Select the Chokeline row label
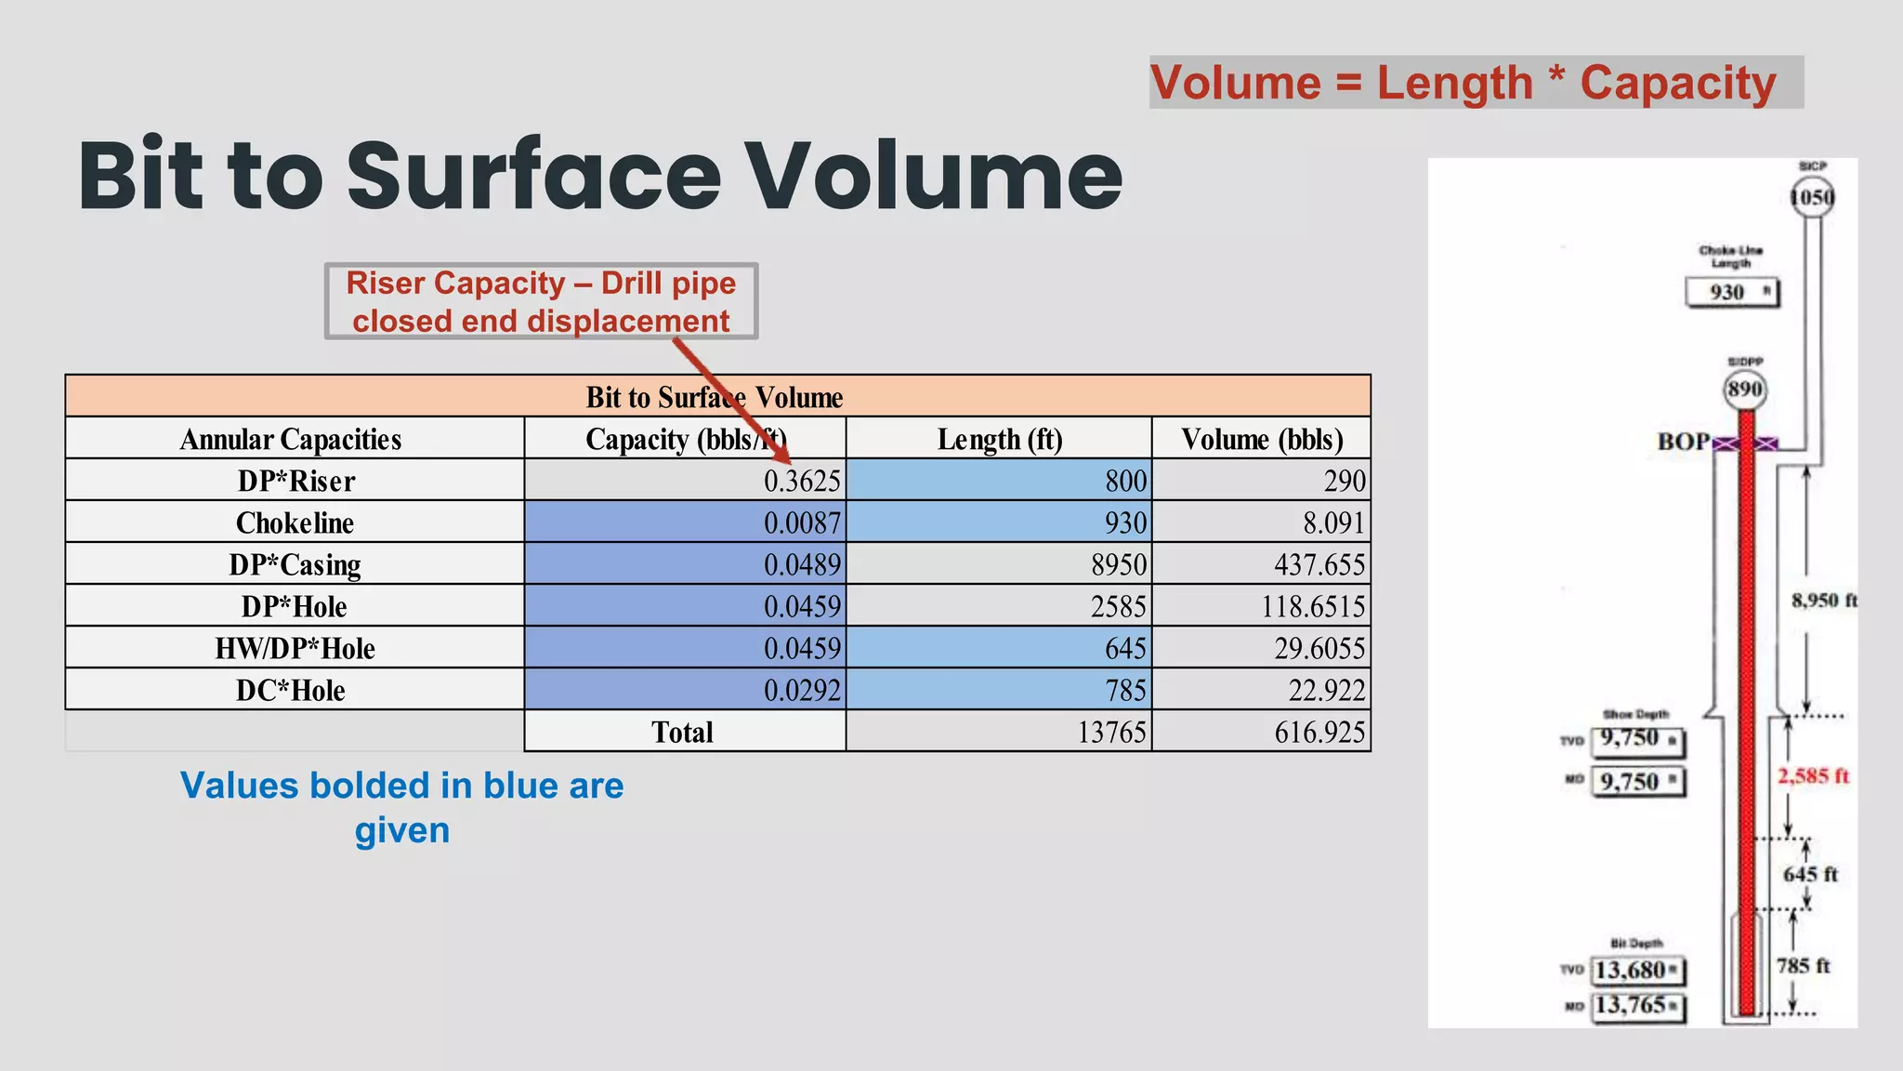click(295, 522)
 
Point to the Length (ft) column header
click(999, 439)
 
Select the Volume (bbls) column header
click(1262, 439)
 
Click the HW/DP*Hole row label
click(295, 648)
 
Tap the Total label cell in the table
click(683, 732)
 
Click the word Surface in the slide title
click(533, 176)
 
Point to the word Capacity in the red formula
click(1677, 83)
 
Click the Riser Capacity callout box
click(541, 301)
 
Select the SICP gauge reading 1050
click(1811, 198)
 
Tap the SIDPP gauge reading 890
click(1744, 390)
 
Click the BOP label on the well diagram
click(1683, 442)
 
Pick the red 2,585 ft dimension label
click(1813, 776)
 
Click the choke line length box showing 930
click(1731, 292)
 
